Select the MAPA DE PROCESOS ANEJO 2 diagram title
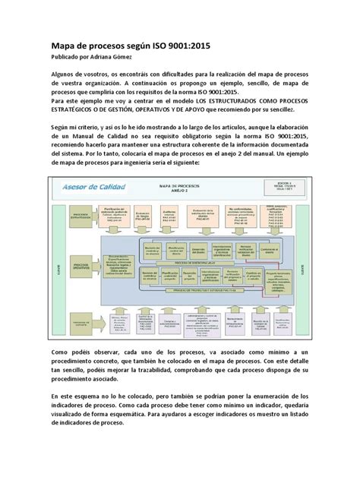pos(180,188)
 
